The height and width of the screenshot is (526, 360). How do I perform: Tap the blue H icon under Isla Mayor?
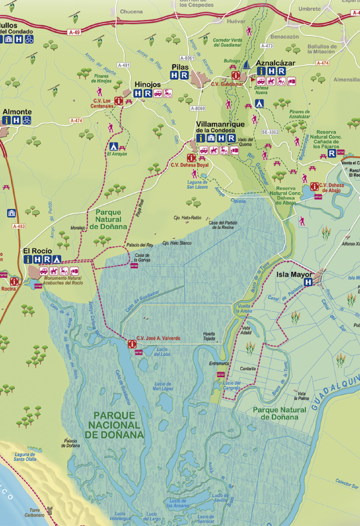(x=308, y=282)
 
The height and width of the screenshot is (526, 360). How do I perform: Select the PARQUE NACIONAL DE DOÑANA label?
(x=115, y=425)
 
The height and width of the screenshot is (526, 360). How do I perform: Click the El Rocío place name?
(x=37, y=251)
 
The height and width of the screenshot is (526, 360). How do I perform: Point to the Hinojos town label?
(x=147, y=85)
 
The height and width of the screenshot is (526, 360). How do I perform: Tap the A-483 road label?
(x=18, y=226)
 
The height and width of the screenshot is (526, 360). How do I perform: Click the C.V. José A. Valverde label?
(x=158, y=338)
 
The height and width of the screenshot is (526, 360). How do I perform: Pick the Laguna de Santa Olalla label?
(x=25, y=457)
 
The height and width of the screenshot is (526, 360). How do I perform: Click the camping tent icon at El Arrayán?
(x=113, y=146)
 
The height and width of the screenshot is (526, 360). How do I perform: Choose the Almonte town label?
(x=17, y=111)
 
